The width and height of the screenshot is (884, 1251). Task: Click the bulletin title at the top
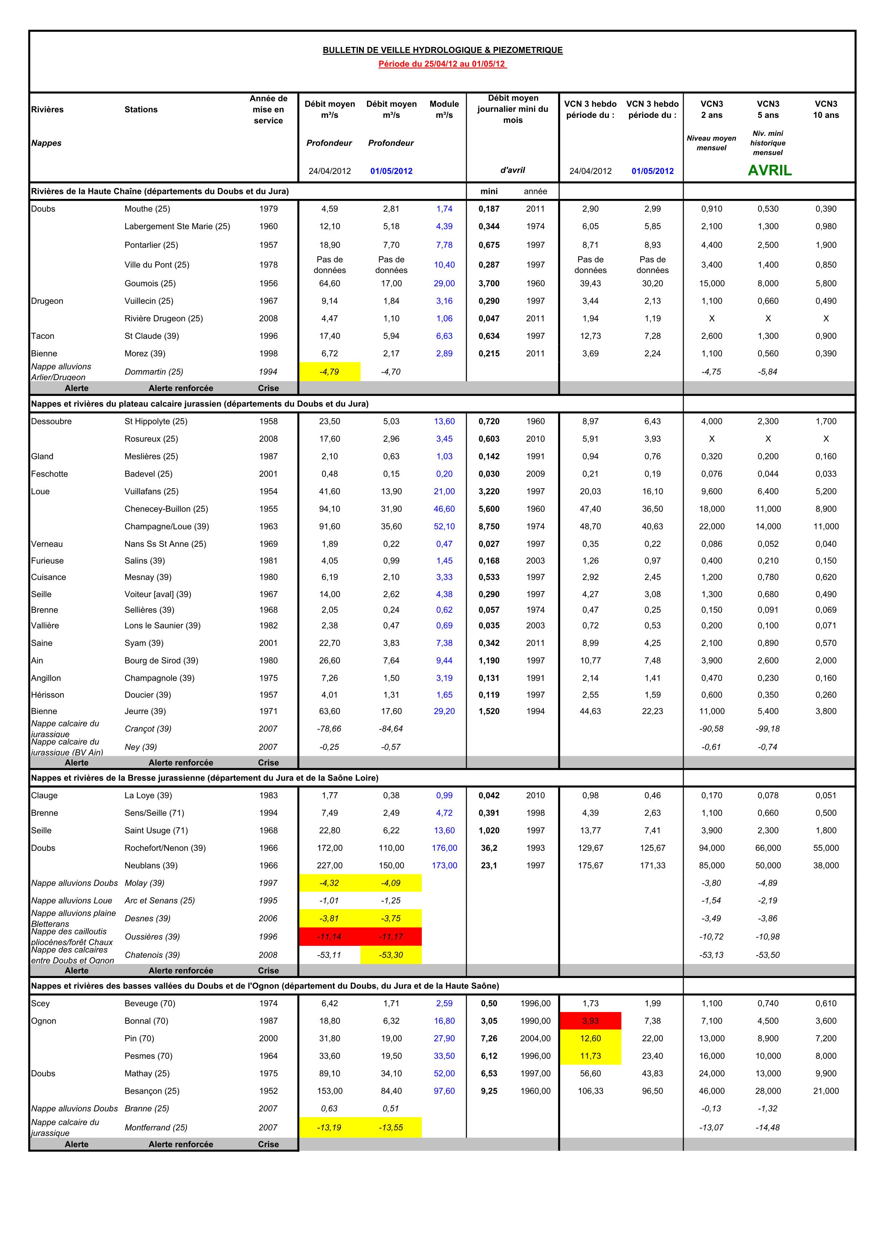click(442, 50)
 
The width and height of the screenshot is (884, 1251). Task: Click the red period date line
click(442, 64)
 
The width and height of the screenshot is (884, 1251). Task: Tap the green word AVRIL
click(769, 171)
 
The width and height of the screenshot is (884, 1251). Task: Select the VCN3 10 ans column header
click(826, 110)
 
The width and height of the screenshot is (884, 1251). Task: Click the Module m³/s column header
click(444, 110)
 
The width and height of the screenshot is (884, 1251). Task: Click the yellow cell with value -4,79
click(330, 372)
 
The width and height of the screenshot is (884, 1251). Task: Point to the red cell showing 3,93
click(590, 1021)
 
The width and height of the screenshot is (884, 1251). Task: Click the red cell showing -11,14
click(330, 936)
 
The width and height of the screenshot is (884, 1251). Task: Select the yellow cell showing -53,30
click(391, 955)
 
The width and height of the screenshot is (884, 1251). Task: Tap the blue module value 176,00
click(444, 848)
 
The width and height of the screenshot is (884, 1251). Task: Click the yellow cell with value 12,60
click(590, 1038)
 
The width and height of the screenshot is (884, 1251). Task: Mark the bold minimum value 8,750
click(489, 526)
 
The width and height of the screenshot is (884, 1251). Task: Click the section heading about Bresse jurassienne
click(204, 778)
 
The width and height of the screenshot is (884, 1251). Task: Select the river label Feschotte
click(50, 474)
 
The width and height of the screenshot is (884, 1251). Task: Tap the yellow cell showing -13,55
click(391, 1127)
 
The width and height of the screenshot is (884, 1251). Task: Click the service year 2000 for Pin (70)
click(268, 1038)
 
